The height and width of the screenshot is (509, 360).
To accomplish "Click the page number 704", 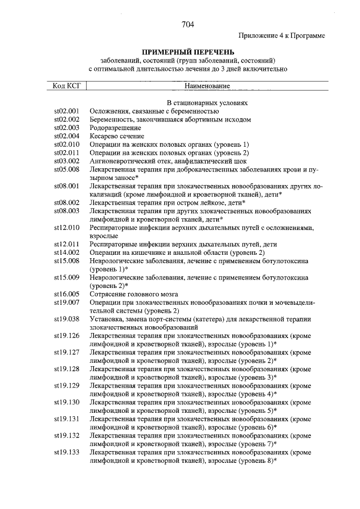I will point(188,24).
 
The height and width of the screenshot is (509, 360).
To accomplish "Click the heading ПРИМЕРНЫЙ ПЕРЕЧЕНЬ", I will point(188,52).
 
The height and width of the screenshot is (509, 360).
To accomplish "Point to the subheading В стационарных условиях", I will point(208,103).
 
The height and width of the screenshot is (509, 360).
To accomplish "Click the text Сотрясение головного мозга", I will point(134,294).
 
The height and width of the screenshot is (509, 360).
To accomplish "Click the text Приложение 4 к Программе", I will point(282,35).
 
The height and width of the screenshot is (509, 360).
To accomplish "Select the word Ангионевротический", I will point(122,161).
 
